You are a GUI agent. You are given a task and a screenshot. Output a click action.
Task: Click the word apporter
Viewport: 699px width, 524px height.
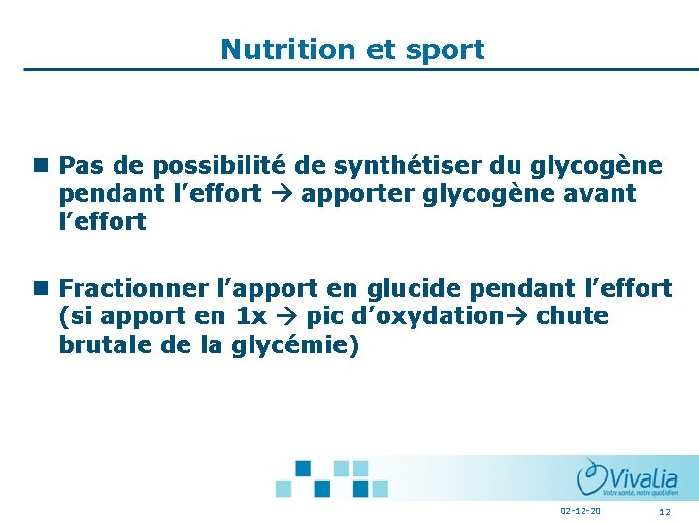(359, 194)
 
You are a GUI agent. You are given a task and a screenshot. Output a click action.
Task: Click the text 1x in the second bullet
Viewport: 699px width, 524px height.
(251, 316)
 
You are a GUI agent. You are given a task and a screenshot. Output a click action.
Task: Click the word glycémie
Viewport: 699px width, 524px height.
(296, 345)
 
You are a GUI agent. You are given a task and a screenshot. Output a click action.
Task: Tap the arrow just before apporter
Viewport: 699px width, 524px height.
(281, 194)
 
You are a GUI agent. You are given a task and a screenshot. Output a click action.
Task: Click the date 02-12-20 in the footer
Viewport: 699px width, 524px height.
(580, 511)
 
